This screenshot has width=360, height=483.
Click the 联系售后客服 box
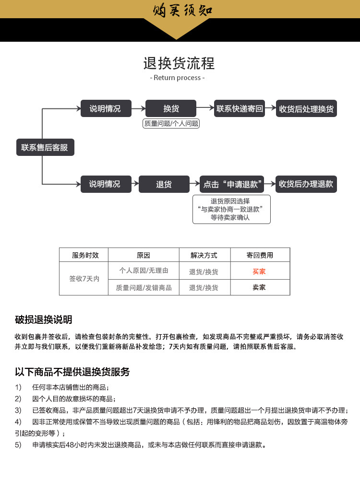(x=45, y=147)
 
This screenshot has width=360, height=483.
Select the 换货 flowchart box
(x=171, y=108)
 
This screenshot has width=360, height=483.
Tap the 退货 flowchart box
(x=164, y=184)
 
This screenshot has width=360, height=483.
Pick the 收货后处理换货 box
(x=306, y=108)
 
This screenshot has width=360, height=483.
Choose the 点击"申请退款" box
(x=232, y=184)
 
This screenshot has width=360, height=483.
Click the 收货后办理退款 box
(x=306, y=184)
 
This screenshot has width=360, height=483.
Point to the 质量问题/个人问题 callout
(x=171, y=123)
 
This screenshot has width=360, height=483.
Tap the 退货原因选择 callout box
(x=231, y=209)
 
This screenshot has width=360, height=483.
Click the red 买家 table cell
(x=259, y=271)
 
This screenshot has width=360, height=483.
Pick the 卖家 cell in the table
(x=259, y=287)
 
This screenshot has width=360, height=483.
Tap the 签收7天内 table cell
(x=84, y=279)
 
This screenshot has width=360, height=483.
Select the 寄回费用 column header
(x=260, y=255)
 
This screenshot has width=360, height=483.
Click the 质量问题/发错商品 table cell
(x=144, y=287)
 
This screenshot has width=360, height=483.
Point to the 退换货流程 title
(x=180, y=63)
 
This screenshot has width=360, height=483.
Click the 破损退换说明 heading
(x=44, y=319)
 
